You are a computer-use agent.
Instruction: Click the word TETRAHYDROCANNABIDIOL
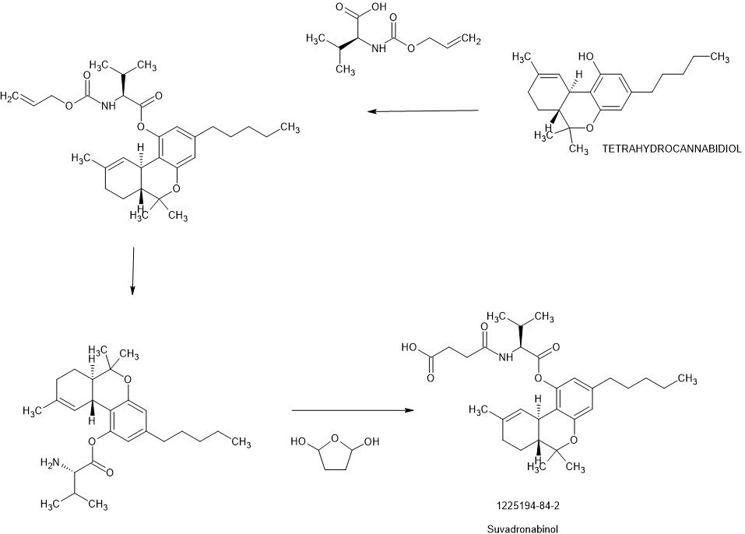tap(672, 147)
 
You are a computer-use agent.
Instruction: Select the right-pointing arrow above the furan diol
tap(352, 410)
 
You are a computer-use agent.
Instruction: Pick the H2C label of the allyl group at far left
tap(11, 97)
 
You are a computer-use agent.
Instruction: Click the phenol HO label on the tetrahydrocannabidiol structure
tap(587, 57)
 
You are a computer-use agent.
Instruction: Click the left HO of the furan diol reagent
tap(300, 442)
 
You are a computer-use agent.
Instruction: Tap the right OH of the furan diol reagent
tap(371, 442)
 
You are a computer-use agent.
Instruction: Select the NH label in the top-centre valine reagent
tap(379, 48)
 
